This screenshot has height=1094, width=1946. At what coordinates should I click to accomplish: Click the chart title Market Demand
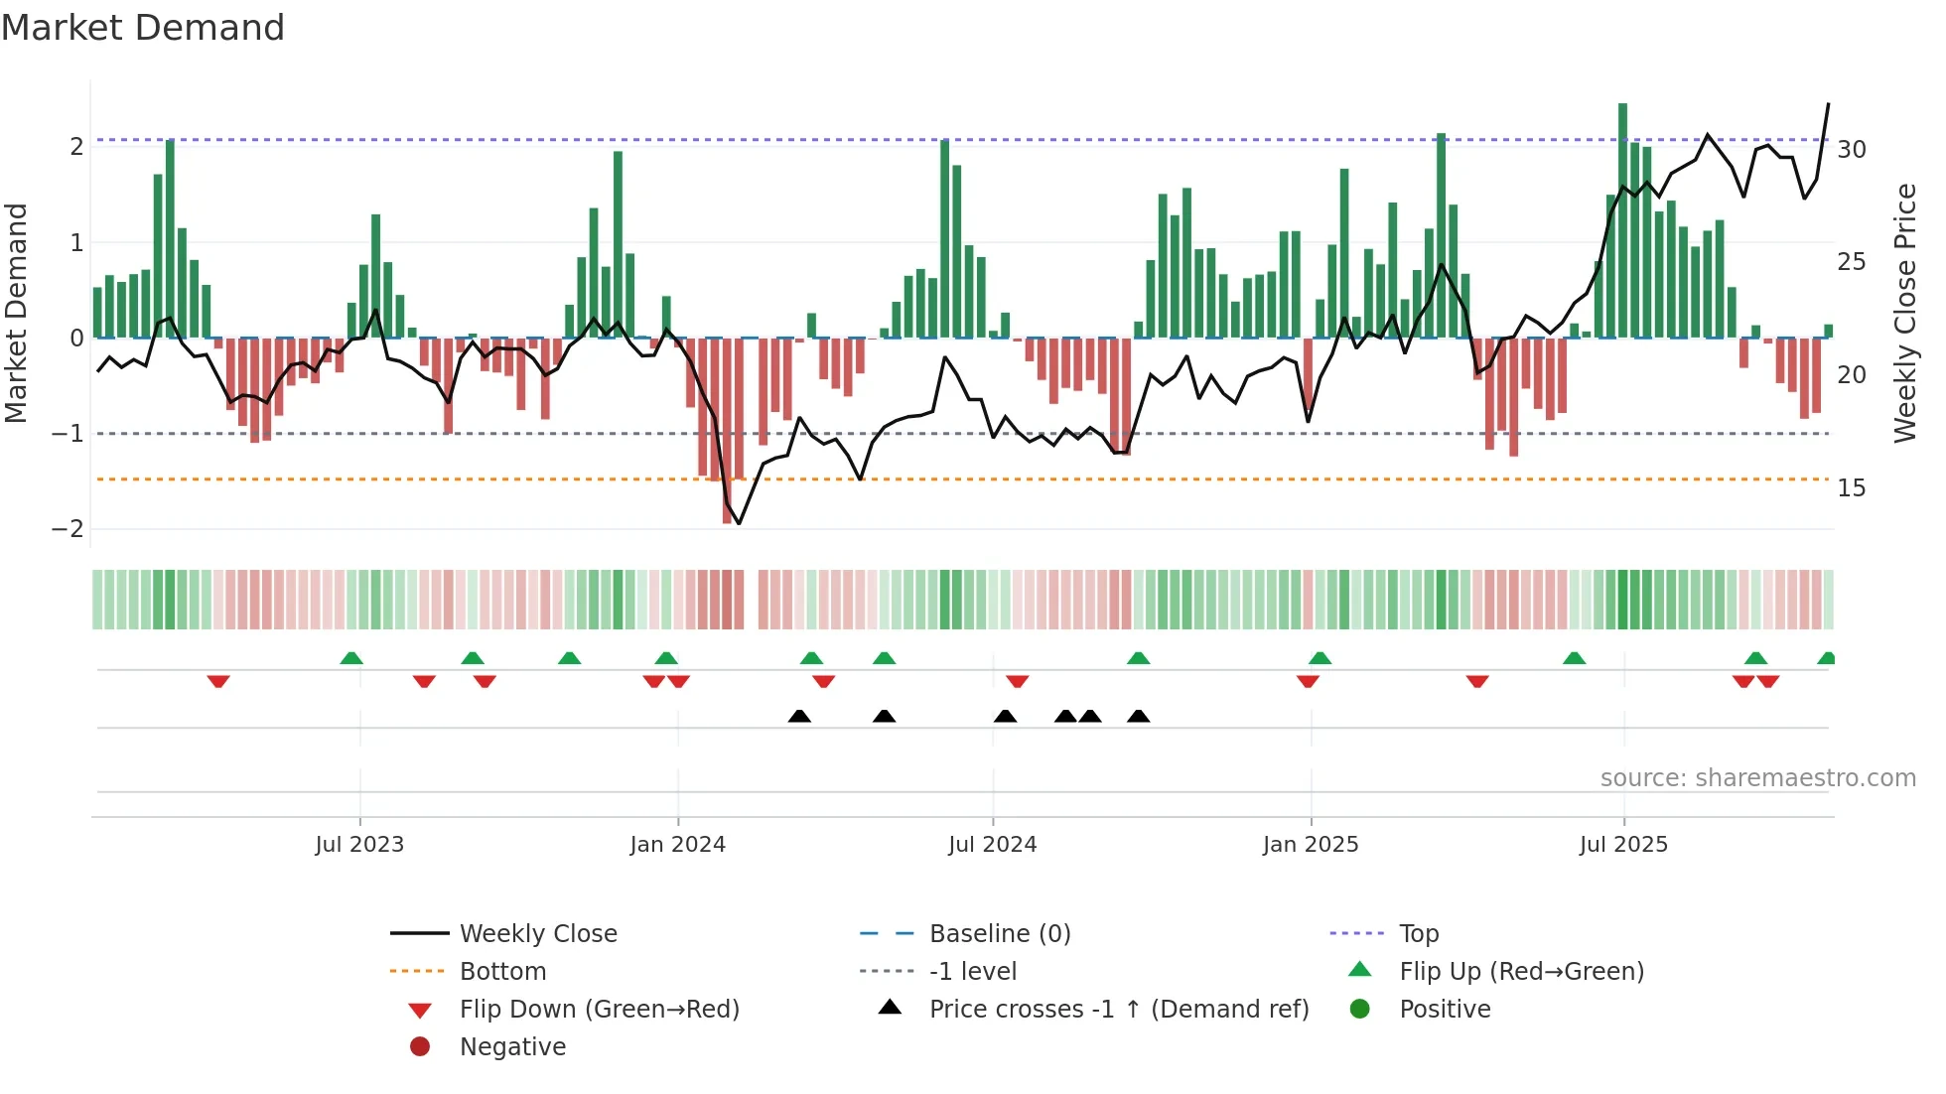pos(143,28)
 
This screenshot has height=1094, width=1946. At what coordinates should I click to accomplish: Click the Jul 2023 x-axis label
pos(359,845)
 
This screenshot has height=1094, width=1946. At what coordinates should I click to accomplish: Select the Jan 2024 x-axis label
pos(677,845)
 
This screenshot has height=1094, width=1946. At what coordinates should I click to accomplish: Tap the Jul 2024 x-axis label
pos(992,845)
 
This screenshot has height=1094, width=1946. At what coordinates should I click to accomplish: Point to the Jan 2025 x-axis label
pos(1311,845)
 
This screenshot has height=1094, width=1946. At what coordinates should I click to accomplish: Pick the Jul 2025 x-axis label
pos(1623,845)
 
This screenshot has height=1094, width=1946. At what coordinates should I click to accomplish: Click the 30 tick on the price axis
pos(1852,150)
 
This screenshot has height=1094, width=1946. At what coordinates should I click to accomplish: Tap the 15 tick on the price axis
pos(1852,488)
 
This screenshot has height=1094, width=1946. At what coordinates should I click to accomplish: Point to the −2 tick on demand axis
pos(68,529)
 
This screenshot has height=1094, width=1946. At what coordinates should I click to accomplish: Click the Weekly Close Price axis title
pos(1904,313)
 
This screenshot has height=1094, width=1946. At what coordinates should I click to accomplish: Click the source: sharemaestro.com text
pos(1757,778)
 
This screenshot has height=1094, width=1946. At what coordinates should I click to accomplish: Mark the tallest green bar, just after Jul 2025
pos(1622,218)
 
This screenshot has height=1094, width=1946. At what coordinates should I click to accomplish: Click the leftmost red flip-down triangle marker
pos(218,681)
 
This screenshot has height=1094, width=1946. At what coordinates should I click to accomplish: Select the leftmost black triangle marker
pos(799,716)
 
